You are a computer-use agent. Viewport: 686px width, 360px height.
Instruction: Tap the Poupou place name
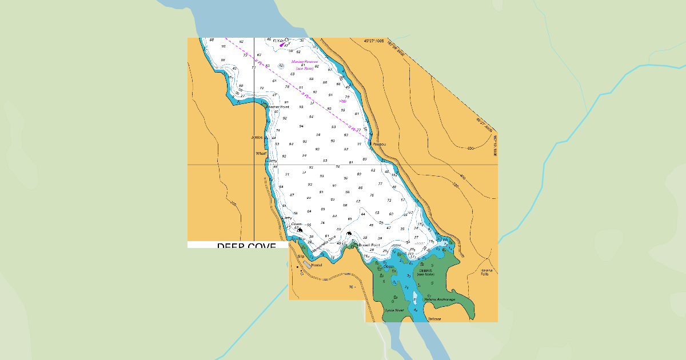coord(379,144)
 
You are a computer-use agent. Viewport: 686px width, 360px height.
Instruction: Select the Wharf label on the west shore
coord(261,154)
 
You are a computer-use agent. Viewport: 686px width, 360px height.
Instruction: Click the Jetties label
coord(257,137)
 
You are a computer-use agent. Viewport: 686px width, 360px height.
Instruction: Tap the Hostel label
coord(317,265)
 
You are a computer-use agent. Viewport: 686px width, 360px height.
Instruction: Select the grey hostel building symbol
coord(306,265)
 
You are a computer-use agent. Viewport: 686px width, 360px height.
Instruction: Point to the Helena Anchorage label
coord(440,299)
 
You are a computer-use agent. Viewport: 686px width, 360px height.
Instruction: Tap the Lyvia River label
coord(394,310)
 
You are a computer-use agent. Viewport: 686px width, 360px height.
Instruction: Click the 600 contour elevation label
coord(470,148)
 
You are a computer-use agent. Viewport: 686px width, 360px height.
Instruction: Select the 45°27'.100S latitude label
coord(374,41)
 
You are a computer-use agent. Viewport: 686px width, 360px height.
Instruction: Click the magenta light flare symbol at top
coord(282,44)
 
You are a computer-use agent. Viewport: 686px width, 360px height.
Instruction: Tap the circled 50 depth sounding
coord(281,66)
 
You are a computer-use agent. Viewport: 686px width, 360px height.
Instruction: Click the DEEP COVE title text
coord(246,246)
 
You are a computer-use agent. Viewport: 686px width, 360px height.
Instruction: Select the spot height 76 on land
coord(350,287)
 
